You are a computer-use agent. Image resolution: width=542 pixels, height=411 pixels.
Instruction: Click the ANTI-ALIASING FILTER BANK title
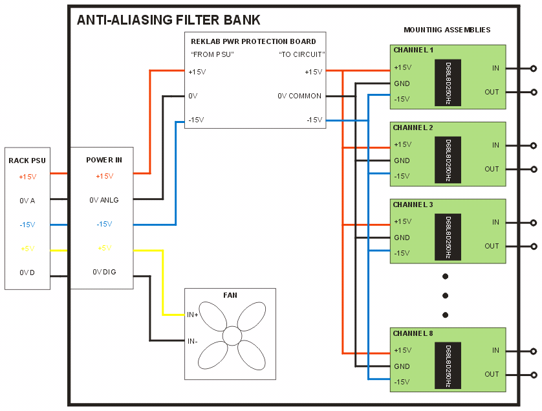pyautogui.click(x=169, y=20)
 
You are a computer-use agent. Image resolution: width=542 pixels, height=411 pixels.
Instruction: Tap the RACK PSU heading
pyautogui.click(x=27, y=161)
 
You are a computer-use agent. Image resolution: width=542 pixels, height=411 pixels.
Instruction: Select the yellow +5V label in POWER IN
pyautogui.click(x=104, y=249)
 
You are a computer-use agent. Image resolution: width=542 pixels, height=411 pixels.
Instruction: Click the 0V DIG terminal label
pyautogui.click(x=104, y=272)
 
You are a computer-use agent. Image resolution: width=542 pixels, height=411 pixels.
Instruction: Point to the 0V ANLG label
pyautogui.click(x=104, y=200)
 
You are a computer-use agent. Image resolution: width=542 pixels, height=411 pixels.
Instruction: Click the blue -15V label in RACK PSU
pyautogui.click(x=27, y=225)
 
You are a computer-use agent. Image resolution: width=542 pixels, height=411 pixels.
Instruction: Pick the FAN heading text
pyautogui.click(x=230, y=295)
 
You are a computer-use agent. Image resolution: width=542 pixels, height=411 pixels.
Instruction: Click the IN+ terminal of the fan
pyautogui.click(x=192, y=315)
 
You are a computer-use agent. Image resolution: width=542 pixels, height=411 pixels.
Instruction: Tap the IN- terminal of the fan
pyautogui.click(x=192, y=340)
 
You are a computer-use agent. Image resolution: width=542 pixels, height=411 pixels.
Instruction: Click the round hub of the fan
pyautogui.click(x=231, y=335)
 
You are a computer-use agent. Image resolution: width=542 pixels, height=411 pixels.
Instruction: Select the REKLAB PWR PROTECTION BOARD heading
pyautogui.click(x=254, y=42)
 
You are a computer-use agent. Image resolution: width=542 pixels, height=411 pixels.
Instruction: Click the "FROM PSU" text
pyautogui.click(x=212, y=54)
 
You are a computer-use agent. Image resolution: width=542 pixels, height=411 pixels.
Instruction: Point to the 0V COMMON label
pyautogui.click(x=299, y=96)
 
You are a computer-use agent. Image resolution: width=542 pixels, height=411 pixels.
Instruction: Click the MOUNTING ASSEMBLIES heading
pyautogui.click(x=447, y=30)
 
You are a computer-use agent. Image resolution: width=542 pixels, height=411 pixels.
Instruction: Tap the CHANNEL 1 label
pyautogui.click(x=413, y=50)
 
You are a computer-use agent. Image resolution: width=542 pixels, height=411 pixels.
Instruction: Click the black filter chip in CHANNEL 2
pyautogui.click(x=448, y=159)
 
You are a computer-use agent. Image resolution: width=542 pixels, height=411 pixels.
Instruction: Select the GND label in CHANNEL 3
pyautogui.click(x=402, y=238)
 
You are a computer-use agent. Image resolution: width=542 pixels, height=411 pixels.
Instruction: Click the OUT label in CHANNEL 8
pyautogui.click(x=492, y=374)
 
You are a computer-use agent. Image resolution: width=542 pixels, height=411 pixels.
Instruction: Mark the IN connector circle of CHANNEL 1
pyautogui.click(x=533, y=68)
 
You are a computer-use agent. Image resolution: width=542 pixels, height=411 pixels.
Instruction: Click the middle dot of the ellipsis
pyautogui.click(x=446, y=296)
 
